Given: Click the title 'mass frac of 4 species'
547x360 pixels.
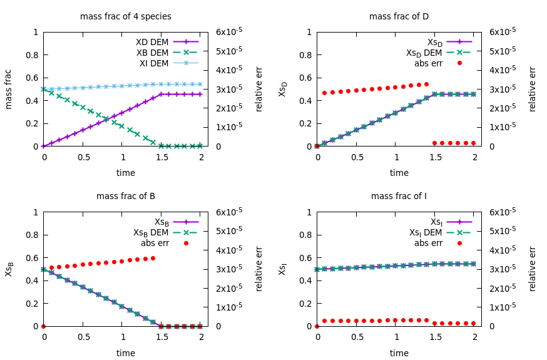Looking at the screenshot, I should pyautogui.click(x=125, y=16).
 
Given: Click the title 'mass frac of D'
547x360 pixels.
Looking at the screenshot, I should pyautogui.click(x=399, y=16).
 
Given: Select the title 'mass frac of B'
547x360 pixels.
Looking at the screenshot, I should pyautogui.click(x=125, y=196).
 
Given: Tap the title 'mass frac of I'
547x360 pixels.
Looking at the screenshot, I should pyautogui.click(x=399, y=196).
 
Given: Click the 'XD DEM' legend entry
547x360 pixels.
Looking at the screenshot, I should pyautogui.click(x=153, y=42).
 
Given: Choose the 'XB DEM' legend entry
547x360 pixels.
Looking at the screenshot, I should pyautogui.click(x=153, y=53).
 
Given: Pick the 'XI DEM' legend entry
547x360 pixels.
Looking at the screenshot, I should pyautogui.click(x=153, y=63).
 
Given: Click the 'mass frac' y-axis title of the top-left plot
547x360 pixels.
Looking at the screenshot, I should pyautogui.click(x=9, y=89).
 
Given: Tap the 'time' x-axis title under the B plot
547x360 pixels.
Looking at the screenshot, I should pyautogui.click(x=125, y=353).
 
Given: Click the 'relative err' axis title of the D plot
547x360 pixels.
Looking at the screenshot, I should pyautogui.click(x=533, y=89).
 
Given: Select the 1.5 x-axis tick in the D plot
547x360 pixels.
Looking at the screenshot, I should pyautogui.click(x=434, y=157).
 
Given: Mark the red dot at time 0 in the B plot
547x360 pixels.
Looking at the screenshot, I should pyautogui.click(x=43, y=326).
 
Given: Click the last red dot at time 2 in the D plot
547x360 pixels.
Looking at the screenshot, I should pyautogui.click(x=473, y=143).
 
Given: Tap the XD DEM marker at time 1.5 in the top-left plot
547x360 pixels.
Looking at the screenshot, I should pyautogui.click(x=161, y=95).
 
